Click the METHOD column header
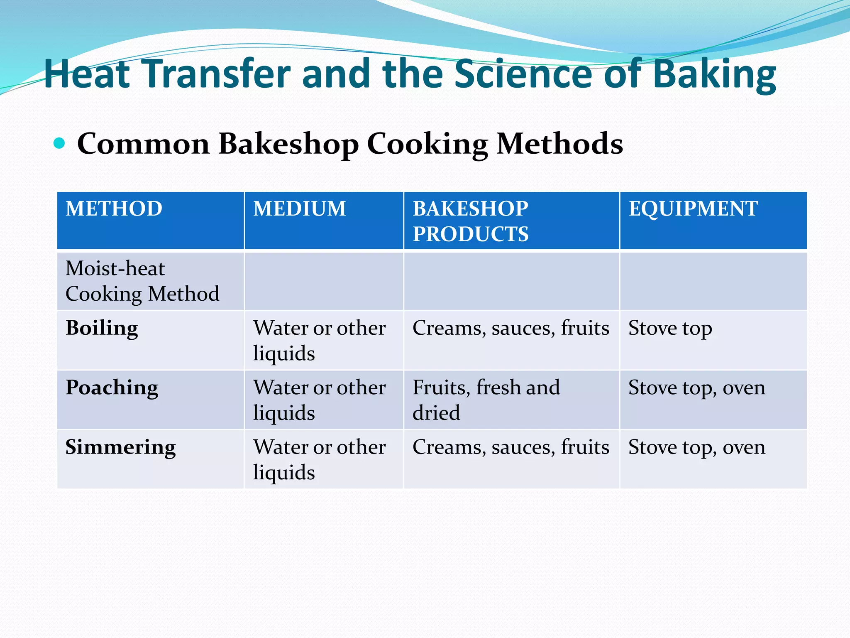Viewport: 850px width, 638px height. (x=114, y=209)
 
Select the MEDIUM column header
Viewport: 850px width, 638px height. (x=299, y=209)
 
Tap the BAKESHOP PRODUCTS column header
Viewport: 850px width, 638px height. (x=470, y=221)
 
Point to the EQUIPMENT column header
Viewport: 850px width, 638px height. (x=693, y=209)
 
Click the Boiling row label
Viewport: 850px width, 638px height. (x=102, y=328)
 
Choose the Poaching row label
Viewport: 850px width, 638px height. (x=112, y=388)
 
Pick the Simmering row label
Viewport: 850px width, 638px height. (x=120, y=448)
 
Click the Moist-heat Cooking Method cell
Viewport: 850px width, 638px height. (x=142, y=281)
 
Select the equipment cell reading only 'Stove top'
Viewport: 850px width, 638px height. (x=670, y=328)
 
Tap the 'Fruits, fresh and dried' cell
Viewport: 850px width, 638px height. (x=486, y=400)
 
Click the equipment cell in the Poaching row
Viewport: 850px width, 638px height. (x=696, y=388)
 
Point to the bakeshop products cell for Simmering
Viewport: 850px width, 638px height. (x=510, y=448)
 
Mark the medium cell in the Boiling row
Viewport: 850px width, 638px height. (x=319, y=340)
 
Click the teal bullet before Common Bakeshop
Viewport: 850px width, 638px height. (x=59, y=143)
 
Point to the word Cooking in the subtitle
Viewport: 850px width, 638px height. (x=427, y=144)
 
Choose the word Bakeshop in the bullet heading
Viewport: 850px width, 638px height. (x=288, y=144)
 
